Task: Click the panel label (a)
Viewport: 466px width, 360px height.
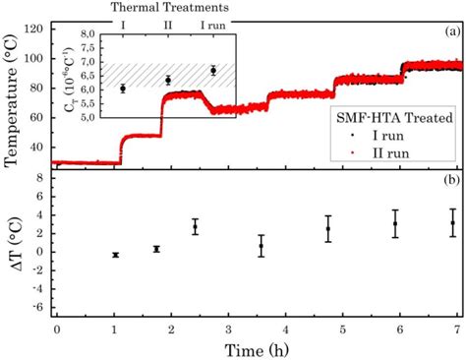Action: (x=452, y=32)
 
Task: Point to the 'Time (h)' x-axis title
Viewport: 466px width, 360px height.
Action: (x=258, y=348)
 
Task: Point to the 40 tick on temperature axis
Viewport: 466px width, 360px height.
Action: (x=35, y=144)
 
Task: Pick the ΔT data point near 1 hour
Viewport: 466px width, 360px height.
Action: (x=115, y=255)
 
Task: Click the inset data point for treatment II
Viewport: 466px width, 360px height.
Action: (x=168, y=80)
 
